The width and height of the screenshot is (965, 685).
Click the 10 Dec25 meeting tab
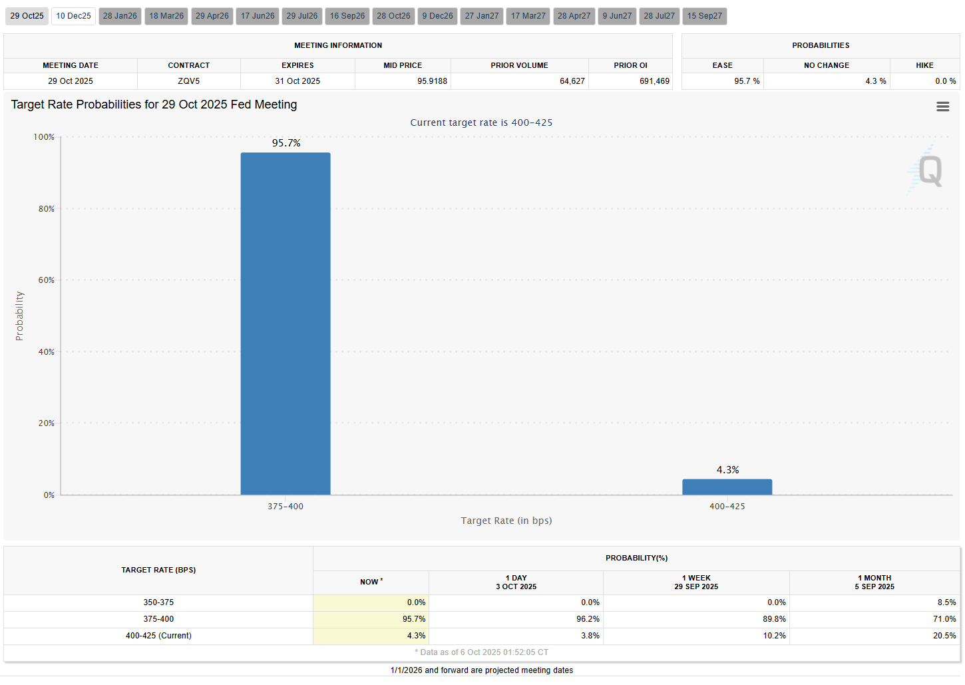click(x=73, y=16)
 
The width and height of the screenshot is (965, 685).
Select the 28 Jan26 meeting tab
click(x=120, y=16)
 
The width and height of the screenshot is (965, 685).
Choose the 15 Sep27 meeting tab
click(x=704, y=16)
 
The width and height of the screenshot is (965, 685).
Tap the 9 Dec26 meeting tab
click(x=437, y=16)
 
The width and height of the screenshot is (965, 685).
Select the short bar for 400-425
click(x=727, y=487)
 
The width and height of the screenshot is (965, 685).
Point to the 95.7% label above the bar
click(x=286, y=143)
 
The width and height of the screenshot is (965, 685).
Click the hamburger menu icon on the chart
click(x=942, y=107)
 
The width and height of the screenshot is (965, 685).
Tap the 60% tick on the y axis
click(x=47, y=280)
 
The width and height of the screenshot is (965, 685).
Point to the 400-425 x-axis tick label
click(x=727, y=507)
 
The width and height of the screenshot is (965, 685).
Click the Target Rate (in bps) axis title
click(x=506, y=521)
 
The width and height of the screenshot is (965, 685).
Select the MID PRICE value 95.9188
click(x=432, y=81)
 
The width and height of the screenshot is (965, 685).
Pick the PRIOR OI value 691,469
click(x=654, y=81)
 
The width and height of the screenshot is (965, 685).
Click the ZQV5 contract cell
click(x=188, y=81)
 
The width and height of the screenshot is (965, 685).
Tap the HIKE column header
click(x=924, y=65)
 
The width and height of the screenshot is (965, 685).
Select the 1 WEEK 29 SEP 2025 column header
click(x=696, y=582)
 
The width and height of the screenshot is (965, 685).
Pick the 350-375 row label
click(x=158, y=602)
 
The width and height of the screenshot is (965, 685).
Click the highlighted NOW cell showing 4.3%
click(x=416, y=636)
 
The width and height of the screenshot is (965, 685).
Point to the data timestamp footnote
click(x=482, y=652)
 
